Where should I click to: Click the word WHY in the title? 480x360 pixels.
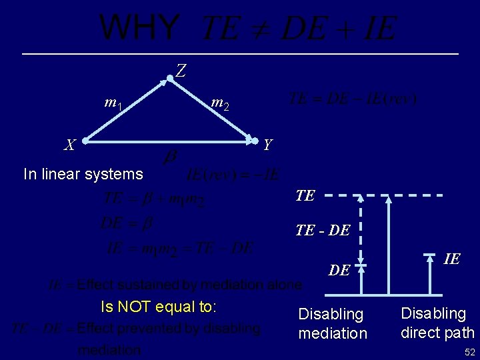pos(139,28)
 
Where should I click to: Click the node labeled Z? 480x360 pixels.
pos(171,79)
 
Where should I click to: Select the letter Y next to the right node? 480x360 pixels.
pos(267,144)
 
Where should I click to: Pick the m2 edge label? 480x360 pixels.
pos(221,103)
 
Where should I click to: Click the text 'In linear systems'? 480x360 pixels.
pos(83,175)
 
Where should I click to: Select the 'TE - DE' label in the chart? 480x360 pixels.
pos(323,231)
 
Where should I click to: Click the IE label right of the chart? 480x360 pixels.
pos(451,259)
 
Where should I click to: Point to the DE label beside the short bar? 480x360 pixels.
pos(339,270)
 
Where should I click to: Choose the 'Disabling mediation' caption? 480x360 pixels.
pos(333,323)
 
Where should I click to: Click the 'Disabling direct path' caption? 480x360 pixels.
pos(437,323)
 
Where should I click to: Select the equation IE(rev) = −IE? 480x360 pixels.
pos(233,175)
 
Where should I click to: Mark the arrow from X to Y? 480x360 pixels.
pos(171,141)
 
